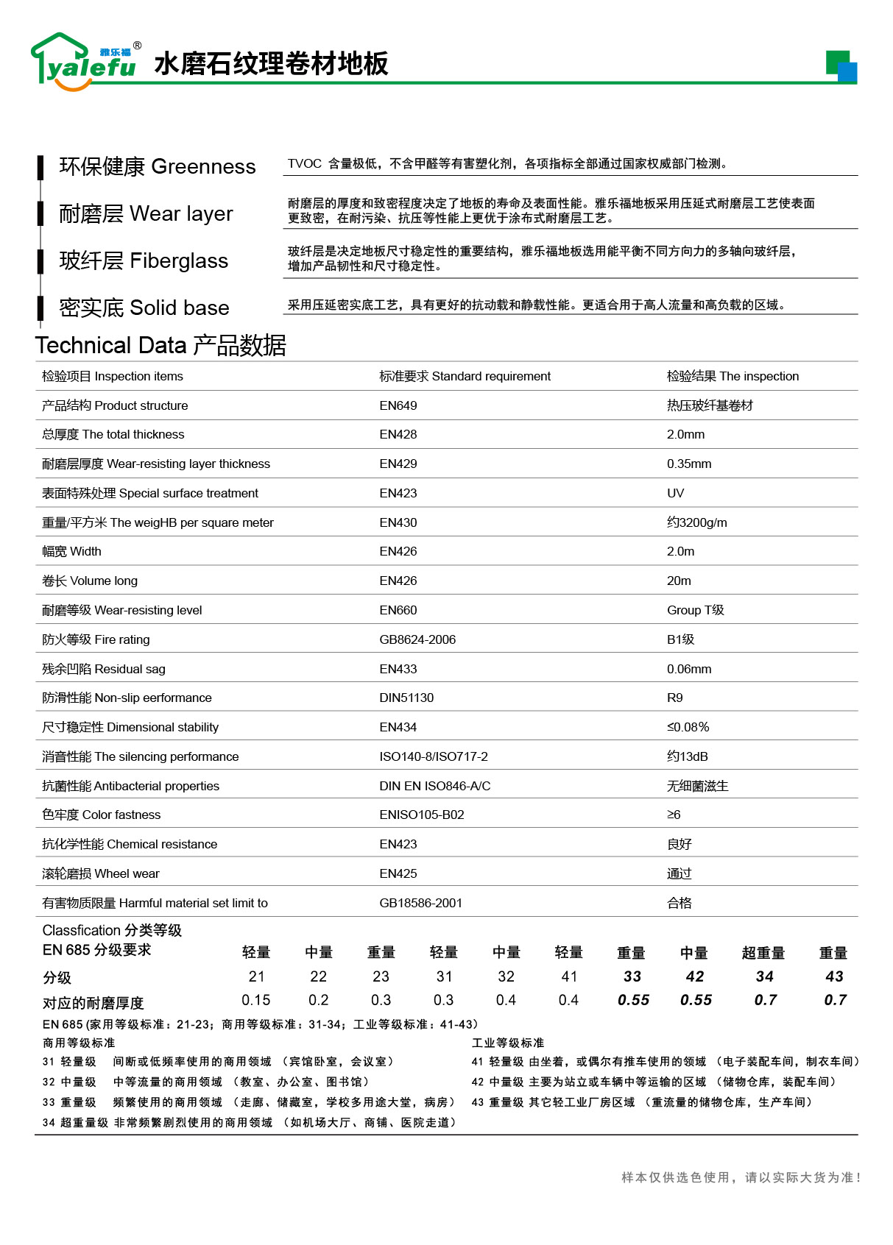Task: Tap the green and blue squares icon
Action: [x=841, y=66]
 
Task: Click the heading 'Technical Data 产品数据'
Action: [x=160, y=345]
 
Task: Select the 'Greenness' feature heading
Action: [x=158, y=167]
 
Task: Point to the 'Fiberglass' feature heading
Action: [x=144, y=261]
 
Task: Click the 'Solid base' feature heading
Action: [x=144, y=308]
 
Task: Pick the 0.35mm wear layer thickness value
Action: [x=688, y=464]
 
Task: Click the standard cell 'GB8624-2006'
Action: [x=417, y=639]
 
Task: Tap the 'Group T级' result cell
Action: [x=695, y=610]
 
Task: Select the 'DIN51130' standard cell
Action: [x=406, y=698]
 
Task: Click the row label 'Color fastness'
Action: [x=101, y=815]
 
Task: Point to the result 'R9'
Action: [x=674, y=698]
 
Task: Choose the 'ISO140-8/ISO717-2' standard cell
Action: [x=433, y=756]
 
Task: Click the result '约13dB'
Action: [x=687, y=756]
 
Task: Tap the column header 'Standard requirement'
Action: [x=465, y=376]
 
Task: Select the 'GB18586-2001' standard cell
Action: [x=420, y=903]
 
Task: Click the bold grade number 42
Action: [x=694, y=976]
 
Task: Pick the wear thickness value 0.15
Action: [x=256, y=1000]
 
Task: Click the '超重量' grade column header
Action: [x=763, y=953]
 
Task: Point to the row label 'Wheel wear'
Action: [x=100, y=873]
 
